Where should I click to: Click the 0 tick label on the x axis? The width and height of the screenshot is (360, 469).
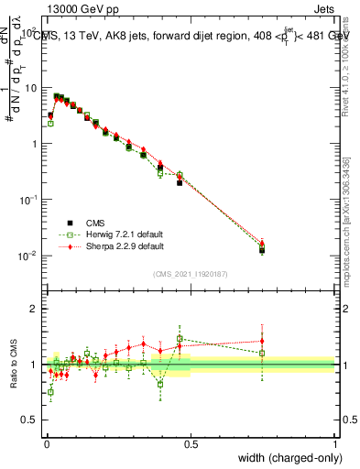[x=46, y=444]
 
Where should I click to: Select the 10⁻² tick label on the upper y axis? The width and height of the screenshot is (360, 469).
[x=29, y=255]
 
